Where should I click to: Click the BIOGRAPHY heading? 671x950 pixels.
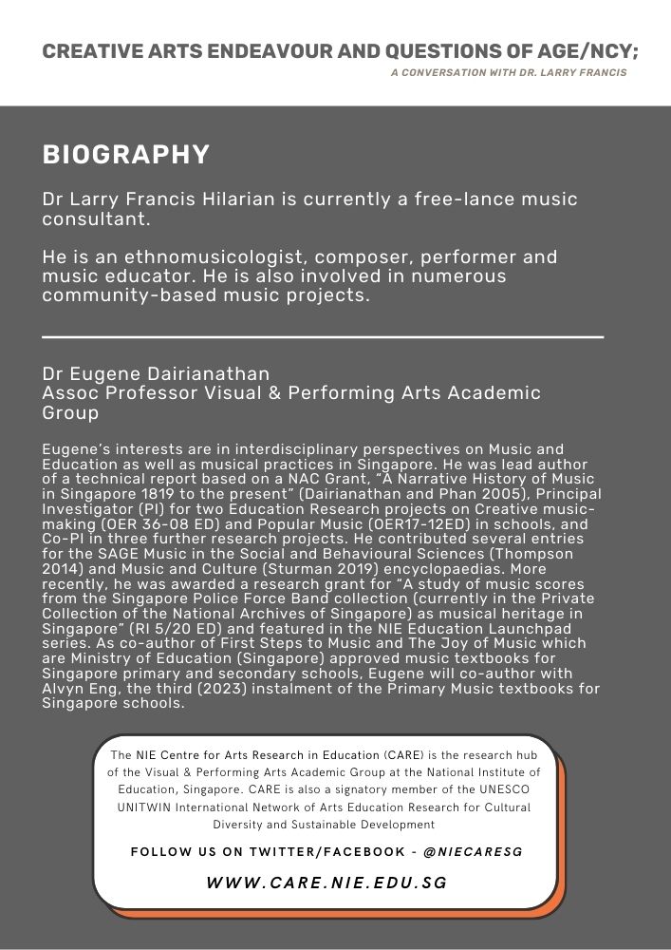point(125,155)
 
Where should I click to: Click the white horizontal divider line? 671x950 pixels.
point(323,336)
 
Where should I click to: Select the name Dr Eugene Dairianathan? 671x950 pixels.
point(156,373)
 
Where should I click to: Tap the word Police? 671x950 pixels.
point(214,599)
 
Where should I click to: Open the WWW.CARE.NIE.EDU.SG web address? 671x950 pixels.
point(326,883)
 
